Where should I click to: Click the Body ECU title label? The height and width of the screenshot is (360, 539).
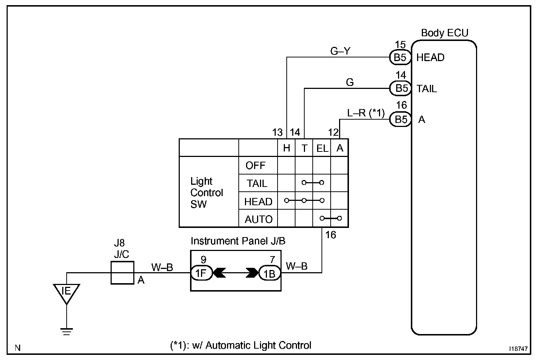click(445, 33)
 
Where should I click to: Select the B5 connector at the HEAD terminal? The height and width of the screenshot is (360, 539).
click(400, 57)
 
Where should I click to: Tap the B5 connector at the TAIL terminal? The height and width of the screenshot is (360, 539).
click(400, 88)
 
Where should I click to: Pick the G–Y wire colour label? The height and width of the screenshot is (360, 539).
click(340, 51)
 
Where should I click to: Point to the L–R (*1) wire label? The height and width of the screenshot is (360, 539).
click(366, 113)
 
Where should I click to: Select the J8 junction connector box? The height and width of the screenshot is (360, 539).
click(122, 273)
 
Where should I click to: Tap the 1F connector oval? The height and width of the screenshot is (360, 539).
click(201, 273)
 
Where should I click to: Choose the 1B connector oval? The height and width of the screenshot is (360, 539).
click(269, 273)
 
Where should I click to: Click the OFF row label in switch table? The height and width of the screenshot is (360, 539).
click(255, 165)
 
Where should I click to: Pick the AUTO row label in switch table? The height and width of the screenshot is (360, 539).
click(259, 219)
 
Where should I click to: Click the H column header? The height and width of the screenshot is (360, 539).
click(286, 148)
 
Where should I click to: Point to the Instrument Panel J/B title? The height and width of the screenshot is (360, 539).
click(238, 241)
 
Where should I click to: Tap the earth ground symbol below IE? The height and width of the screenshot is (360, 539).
click(67, 331)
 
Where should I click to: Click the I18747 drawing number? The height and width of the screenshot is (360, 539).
click(518, 348)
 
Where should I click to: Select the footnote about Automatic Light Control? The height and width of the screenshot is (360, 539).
click(240, 345)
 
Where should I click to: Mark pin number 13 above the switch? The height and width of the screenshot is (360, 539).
click(277, 132)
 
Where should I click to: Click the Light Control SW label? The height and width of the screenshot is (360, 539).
click(207, 193)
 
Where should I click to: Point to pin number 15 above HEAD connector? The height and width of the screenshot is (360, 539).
click(400, 45)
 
